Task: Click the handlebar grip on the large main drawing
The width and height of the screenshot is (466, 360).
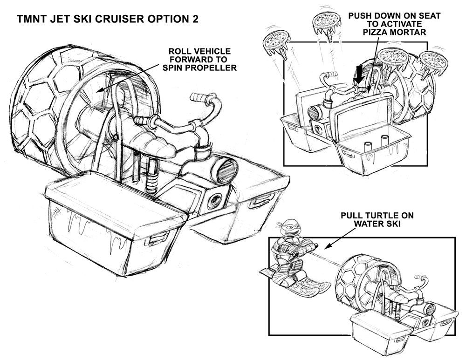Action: tap(198, 99)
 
